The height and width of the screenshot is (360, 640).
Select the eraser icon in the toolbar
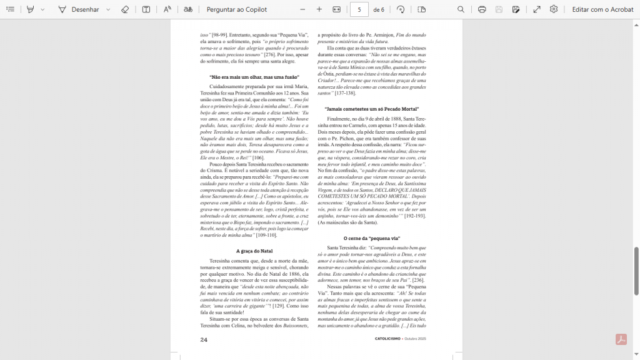(124, 9)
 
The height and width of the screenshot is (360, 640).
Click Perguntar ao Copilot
(236, 9)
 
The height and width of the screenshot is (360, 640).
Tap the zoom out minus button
(302, 9)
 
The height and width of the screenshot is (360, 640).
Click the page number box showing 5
(359, 9)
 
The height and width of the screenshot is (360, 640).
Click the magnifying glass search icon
(461, 9)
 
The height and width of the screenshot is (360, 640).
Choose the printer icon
(482, 9)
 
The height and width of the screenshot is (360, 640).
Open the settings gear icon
(554, 9)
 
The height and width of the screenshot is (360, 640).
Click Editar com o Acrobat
(602, 9)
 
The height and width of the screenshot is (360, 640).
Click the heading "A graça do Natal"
(254, 251)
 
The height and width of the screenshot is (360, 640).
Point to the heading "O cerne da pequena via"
(371, 238)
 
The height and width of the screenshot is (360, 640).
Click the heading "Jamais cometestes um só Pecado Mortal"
(371, 109)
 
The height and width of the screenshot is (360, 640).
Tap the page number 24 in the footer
(204, 339)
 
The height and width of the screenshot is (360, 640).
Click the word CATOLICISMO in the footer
(388, 339)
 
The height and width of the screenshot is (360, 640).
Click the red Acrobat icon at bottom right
(621, 339)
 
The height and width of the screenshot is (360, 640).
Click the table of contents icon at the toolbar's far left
(11, 9)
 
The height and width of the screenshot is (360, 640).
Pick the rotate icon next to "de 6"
(400, 9)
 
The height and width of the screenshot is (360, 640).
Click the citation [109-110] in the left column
(266, 235)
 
